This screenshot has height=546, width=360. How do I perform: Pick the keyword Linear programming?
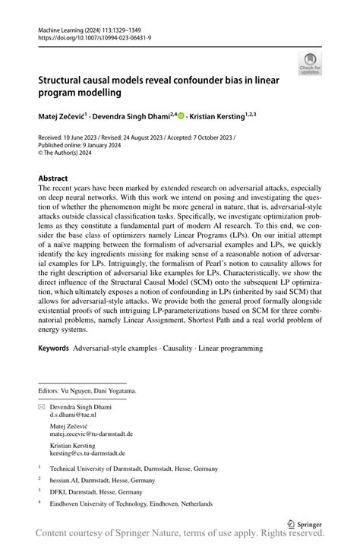(230, 349)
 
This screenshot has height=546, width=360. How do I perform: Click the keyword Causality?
(171, 349)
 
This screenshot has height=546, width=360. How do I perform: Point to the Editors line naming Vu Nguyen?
(87, 390)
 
